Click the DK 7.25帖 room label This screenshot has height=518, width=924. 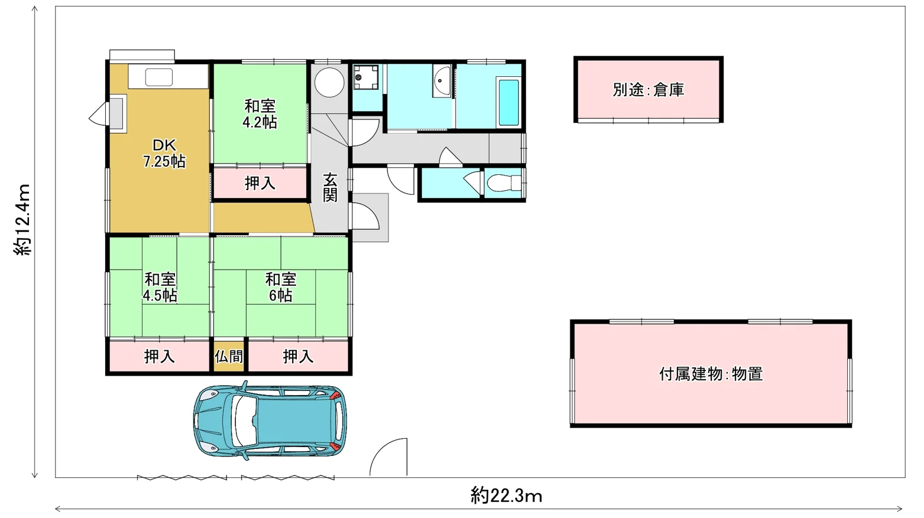164,154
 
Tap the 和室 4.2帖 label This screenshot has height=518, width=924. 260,114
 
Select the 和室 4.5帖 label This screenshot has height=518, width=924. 160,287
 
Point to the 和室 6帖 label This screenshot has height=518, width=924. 281,287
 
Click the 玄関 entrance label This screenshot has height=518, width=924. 330,187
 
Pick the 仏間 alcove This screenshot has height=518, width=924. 229,356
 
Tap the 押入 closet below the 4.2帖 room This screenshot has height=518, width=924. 260,183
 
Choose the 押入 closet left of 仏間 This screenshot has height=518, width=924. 159,357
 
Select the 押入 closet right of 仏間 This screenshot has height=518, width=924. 298,357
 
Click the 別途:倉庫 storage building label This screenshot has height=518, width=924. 648,89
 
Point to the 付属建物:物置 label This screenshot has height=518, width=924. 711,374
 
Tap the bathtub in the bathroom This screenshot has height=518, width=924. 508,102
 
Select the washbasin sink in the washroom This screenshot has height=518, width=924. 442,81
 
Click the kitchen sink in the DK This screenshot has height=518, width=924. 159,77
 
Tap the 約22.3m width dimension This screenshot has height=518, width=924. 506,496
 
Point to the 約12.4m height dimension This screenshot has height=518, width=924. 23,220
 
